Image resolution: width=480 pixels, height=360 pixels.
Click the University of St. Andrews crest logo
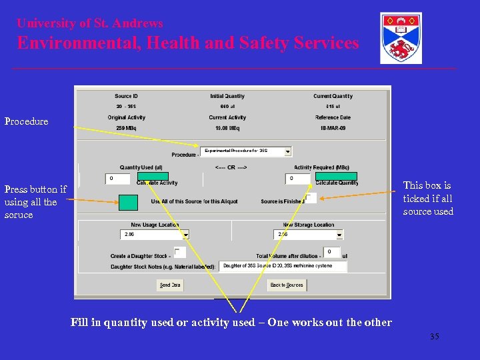(401, 38)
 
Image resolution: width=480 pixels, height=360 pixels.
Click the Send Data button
(169, 285)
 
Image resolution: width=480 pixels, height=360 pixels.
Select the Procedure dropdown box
(247, 151)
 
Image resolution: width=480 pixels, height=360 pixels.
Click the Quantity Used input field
(118, 179)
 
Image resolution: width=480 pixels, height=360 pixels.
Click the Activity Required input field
(299, 179)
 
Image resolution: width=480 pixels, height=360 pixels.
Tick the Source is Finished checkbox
(311, 198)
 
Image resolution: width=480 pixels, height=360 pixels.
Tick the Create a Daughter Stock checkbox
(179, 252)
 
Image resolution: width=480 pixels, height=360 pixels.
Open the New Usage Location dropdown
(155, 235)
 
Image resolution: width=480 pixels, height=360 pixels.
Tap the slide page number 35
(434, 337)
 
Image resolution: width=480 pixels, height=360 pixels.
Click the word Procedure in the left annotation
(27, 121)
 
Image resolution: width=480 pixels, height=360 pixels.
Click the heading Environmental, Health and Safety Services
(188, 43)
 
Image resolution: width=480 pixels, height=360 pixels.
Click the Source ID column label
(126, 96)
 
